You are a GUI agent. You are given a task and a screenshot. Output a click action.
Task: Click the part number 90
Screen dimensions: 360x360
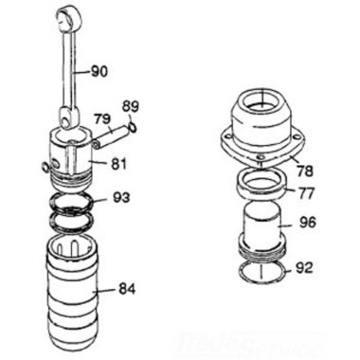click(x=99, y=70)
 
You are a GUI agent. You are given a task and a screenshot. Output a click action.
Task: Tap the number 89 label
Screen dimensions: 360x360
click(x=131, y=105)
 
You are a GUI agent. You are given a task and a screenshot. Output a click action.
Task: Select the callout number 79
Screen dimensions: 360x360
click(x=102, y=118)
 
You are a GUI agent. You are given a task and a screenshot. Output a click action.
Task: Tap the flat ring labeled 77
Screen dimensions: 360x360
click(x=261, y=182)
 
